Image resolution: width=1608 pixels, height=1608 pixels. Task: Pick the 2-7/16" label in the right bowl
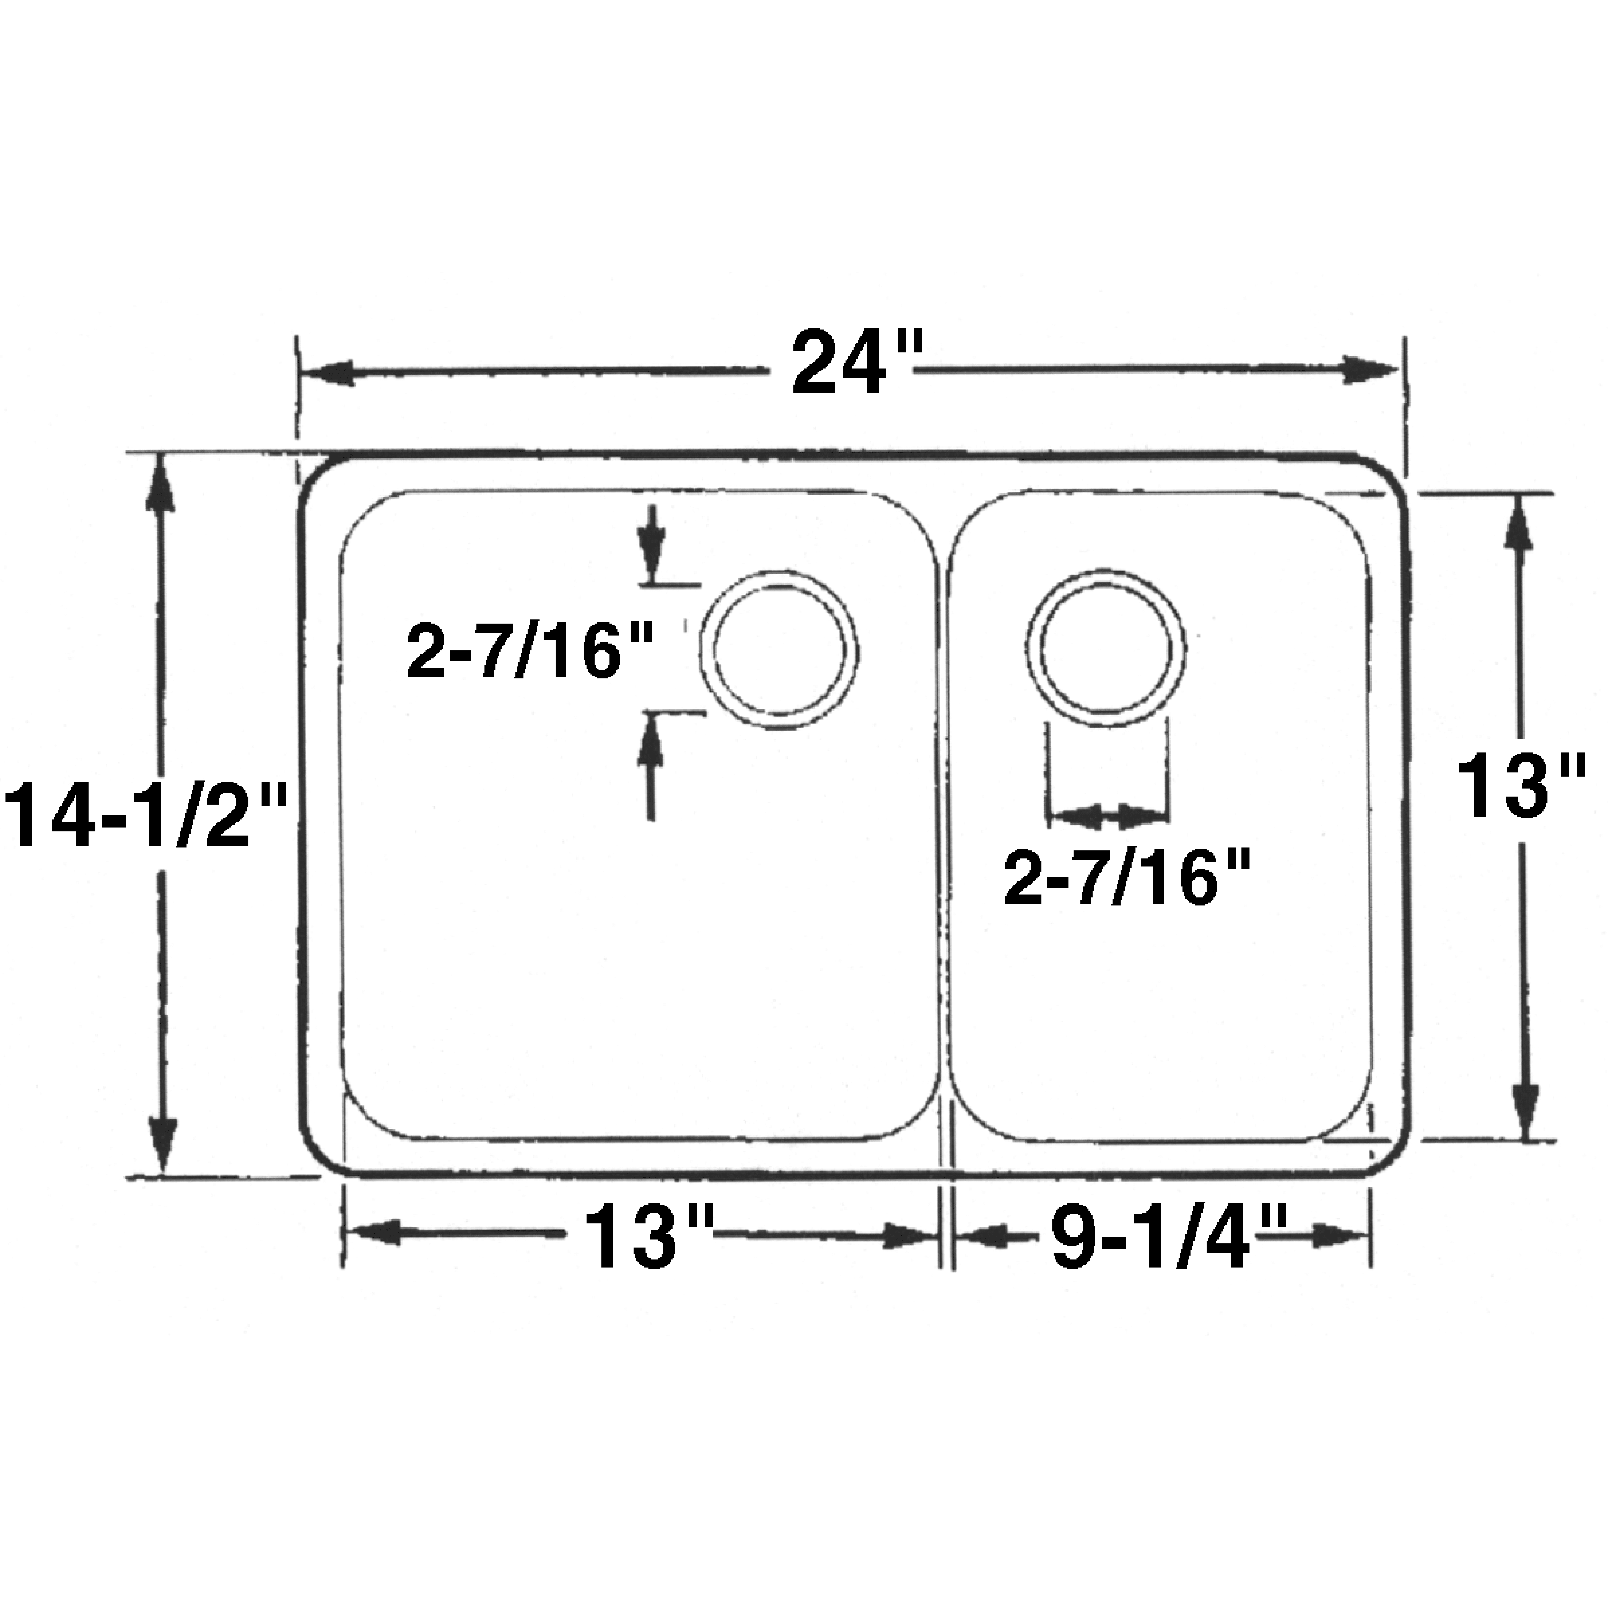[1127, 879]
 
